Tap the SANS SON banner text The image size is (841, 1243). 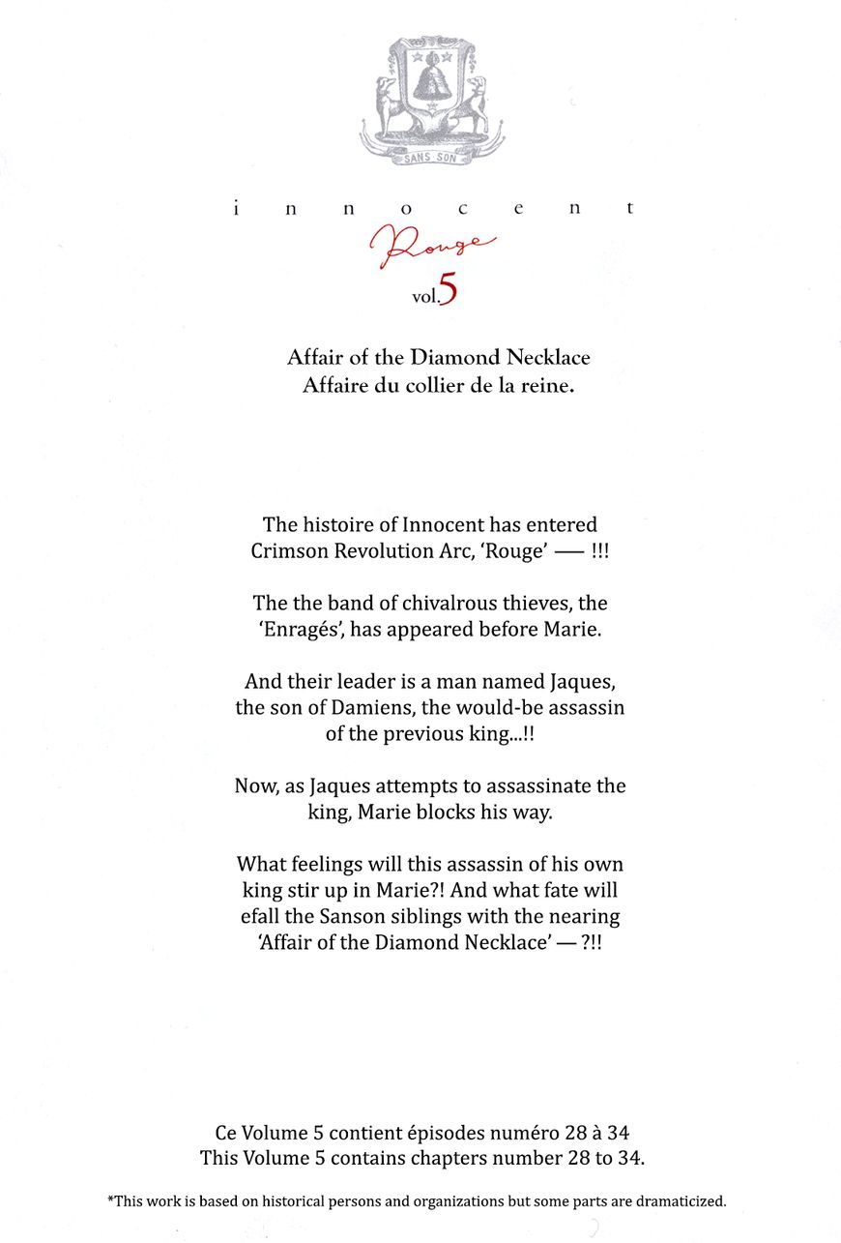(430, 158)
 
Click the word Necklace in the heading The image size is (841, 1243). (548, 357)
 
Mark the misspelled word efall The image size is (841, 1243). (262, 915)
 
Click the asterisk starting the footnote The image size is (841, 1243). (110, 1199)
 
